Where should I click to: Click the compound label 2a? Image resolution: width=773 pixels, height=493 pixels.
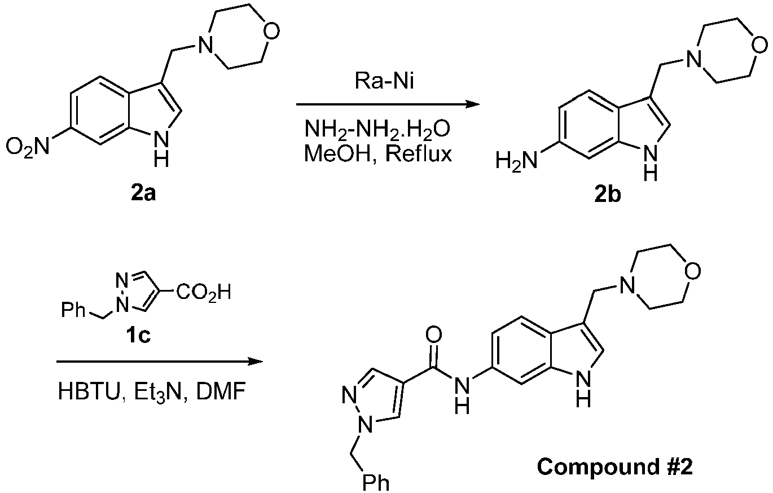coord(143,194)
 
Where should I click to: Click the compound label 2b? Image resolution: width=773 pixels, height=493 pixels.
coord(608,195)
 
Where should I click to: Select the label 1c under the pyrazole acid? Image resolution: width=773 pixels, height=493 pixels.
coord(139,334)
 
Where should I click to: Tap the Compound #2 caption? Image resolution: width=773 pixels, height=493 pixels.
coord(614,467)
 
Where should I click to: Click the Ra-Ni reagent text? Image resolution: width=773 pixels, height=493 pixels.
coord(384,82)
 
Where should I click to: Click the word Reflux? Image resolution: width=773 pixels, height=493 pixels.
coord(418,153)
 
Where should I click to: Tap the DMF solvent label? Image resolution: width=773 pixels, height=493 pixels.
coord(221,391)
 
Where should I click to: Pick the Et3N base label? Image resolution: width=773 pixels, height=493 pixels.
coord(158,392)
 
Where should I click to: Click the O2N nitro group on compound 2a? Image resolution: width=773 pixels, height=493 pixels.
coord(28,147)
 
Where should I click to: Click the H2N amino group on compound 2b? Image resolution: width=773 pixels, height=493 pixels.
coord(516,160)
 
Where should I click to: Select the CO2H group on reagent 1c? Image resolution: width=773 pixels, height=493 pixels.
coord(203,293)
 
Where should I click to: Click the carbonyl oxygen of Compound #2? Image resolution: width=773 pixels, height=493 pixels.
coord(434,334)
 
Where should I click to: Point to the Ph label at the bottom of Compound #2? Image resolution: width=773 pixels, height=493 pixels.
coord(375,483)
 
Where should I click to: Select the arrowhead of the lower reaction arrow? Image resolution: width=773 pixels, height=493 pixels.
coord(256,362)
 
